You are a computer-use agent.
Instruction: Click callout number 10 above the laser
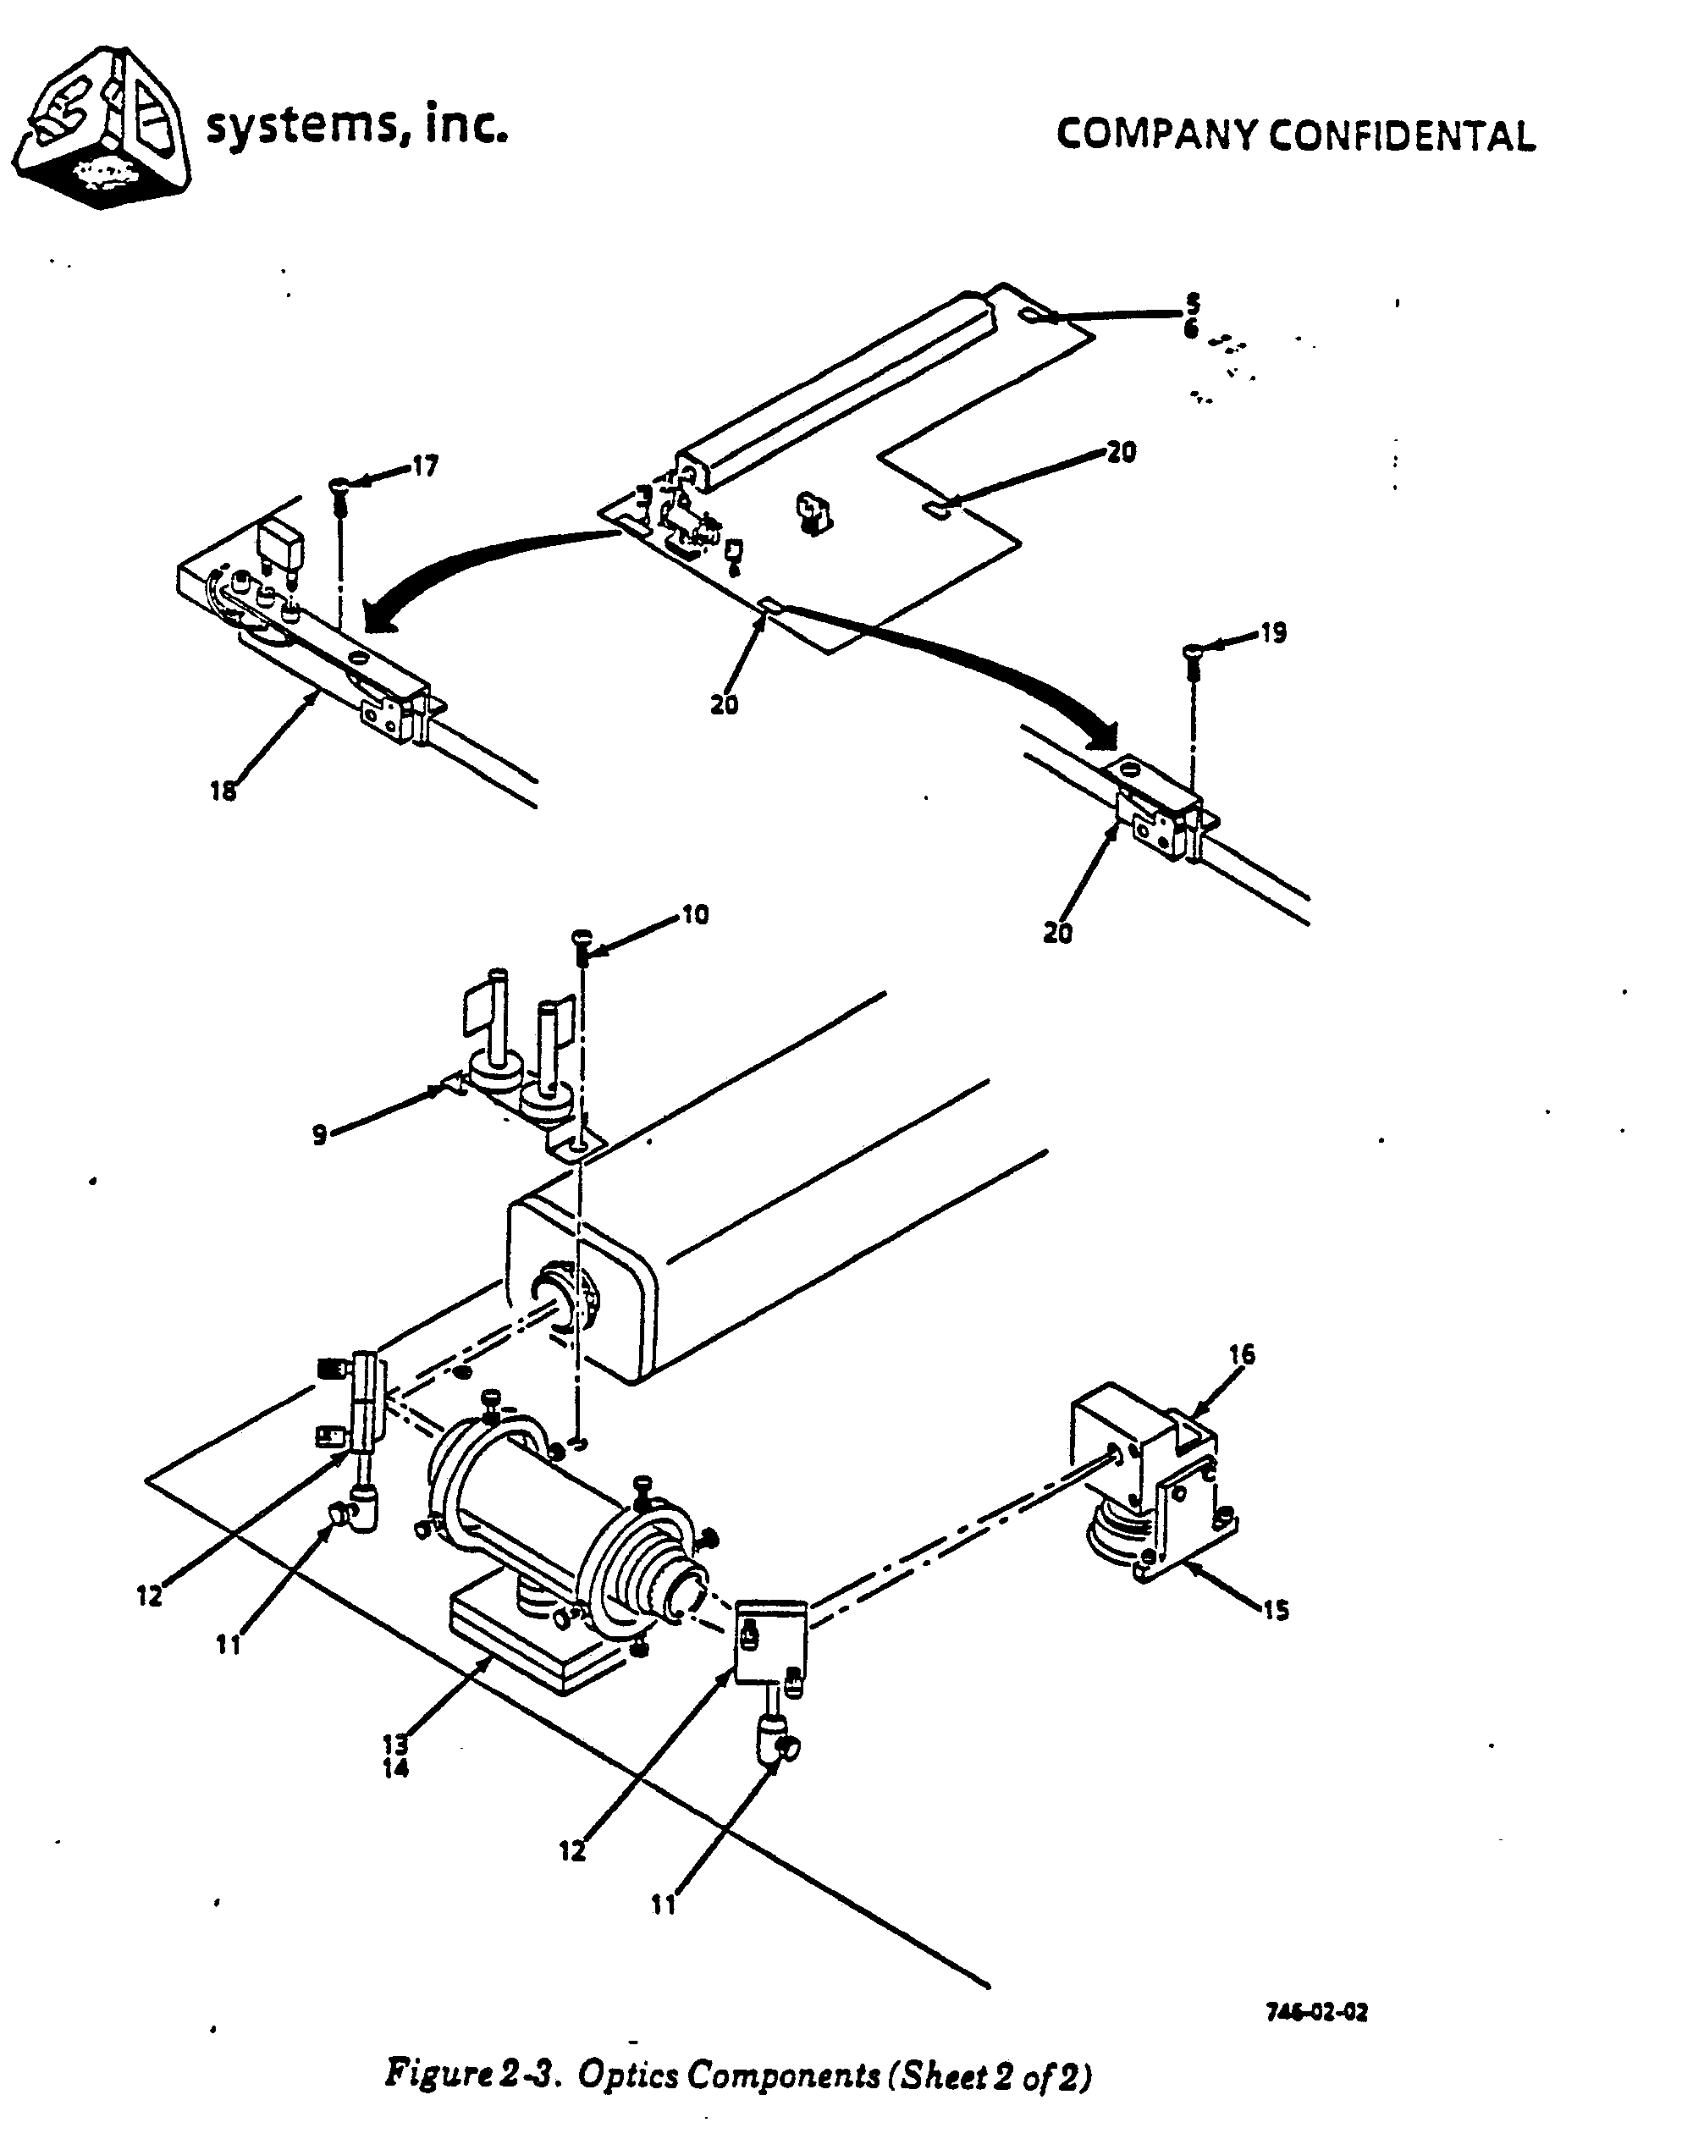pyautogui.click(x=696, y=914)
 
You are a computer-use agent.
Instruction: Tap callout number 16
pyautogui.click(x=1242, y=1354)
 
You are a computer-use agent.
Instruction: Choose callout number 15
pyautogui.click(x=1276, y=1611)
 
